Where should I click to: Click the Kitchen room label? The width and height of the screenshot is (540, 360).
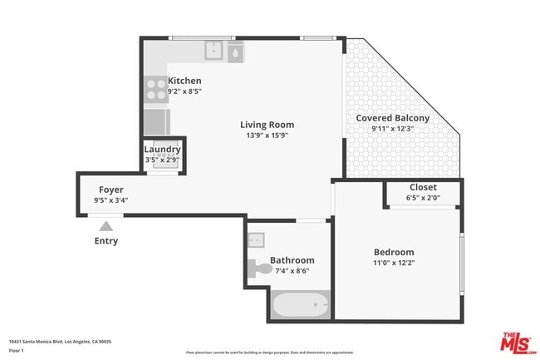[184, 81]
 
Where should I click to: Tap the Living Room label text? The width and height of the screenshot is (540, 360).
[268, 125]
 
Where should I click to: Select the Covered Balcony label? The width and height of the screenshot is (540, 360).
[392, 118]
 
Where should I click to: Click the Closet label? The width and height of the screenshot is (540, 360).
[423, 187]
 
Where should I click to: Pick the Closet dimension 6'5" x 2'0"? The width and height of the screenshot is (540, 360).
[423, 198]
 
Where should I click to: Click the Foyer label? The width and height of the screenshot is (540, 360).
[110, 190]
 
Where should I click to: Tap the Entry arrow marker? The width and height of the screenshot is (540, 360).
[106, 224]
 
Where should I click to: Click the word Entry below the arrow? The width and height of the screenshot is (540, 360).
[106, 241]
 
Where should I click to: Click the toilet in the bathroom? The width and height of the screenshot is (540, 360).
[258, 268]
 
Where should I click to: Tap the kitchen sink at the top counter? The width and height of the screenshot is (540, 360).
[214, 51]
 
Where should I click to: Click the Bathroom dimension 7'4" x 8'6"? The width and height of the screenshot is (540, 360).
[291, 270]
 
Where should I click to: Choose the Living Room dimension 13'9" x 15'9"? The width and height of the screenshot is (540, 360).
[268, 136]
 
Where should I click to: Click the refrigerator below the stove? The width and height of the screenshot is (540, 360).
[155, 121]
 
